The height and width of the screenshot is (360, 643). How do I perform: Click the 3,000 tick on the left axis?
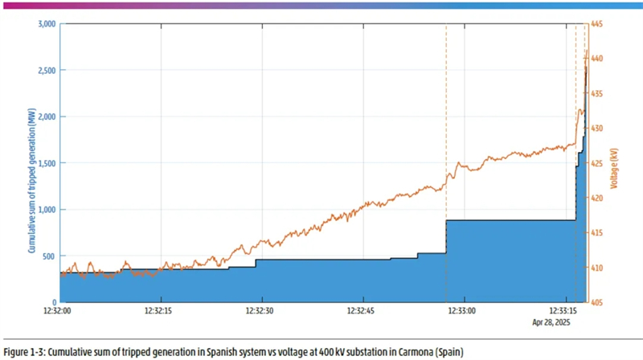[45, 24]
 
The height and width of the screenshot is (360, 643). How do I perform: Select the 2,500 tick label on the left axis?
[45, 71]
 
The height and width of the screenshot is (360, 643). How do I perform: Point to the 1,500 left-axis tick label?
[45, 163]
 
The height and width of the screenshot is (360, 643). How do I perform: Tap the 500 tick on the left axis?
[49, 256]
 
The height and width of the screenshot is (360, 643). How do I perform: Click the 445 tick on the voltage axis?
[598, 24]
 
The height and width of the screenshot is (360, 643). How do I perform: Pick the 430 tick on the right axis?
[598, 129]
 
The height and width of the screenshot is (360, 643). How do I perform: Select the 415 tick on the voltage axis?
[598, 233]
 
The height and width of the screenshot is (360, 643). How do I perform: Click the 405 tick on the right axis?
[598, 303]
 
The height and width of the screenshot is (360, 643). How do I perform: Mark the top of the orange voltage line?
[587, 50]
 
